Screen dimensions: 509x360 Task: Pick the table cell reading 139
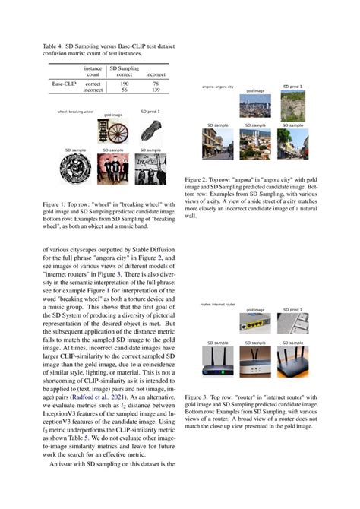pos(156,90)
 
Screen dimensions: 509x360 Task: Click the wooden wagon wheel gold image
pos(116,131)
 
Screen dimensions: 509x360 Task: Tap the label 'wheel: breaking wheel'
pos(74,112)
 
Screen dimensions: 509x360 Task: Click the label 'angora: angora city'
pos(217,87)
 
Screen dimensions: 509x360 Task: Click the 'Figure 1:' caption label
pos(55,204)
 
